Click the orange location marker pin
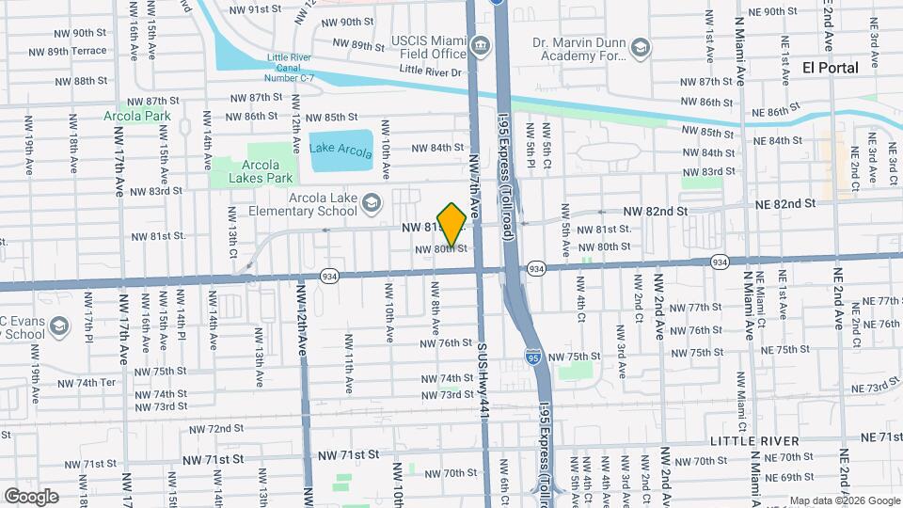pos(451,225)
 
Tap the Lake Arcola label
pos(341,150)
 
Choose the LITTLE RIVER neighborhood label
pos(754,440)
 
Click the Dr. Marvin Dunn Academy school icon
pos(641,47)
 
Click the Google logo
pos(31,496)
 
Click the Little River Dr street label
pos(431,71)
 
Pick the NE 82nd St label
pos(784,204)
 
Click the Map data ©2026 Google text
pos(844,500)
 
